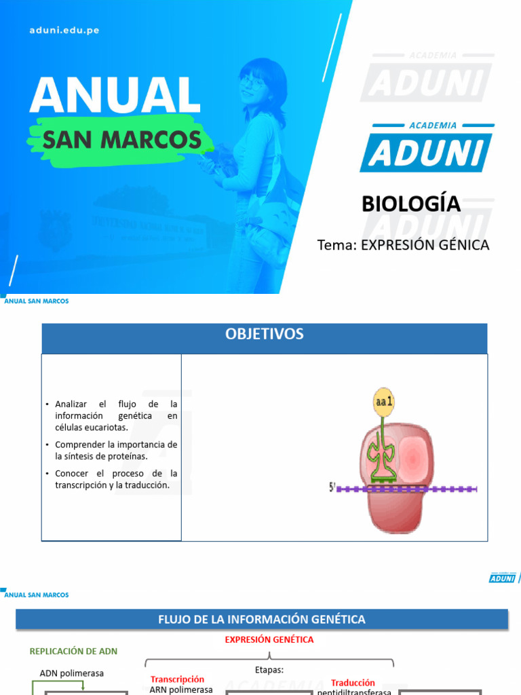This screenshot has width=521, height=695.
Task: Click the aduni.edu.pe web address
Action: (64, 31)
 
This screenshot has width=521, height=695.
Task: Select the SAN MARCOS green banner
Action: (121, 140)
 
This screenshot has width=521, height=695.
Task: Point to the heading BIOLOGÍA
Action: (411, 204)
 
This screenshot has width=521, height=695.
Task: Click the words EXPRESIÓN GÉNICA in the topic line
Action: (425, 245)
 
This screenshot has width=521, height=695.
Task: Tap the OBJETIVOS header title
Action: (265, 334)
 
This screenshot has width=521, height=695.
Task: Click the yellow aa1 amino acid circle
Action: (384, 402)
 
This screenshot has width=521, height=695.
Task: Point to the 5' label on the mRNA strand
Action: (332, 487)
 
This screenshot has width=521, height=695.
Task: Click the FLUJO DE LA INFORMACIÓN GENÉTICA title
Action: (262, 619)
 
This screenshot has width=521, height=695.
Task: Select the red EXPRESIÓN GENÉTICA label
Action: (269, 639)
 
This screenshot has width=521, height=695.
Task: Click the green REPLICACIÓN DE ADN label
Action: (73, 651)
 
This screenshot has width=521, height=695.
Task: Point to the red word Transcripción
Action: (177, 679)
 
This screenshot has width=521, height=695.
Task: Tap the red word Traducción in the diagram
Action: (353, 683)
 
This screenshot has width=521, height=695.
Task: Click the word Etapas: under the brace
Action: (270, 669)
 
